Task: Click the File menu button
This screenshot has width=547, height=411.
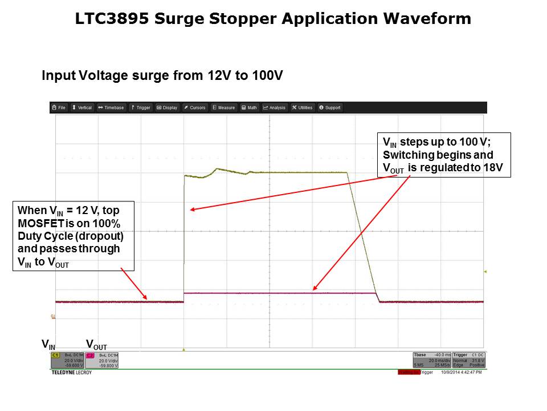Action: point(59,107)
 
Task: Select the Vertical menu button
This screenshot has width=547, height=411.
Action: point(82,107)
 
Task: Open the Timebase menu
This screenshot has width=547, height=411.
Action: point(111,107)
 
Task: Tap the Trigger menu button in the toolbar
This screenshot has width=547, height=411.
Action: point(140,107)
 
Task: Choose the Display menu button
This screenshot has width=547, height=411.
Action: point(167,107)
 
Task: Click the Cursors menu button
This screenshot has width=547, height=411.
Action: point(195,107)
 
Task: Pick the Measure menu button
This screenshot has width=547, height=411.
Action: point(224,107)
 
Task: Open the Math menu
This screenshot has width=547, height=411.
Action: point(249,107)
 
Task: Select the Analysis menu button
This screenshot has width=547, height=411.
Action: point(275,107)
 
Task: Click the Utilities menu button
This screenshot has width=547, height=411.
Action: point(303,107)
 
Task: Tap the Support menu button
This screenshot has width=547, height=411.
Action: point(330,107)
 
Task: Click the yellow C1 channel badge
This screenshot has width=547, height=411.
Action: point(56,355)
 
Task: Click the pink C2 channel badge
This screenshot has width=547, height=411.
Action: point(90,355)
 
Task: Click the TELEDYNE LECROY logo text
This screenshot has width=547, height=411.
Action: point(71,372)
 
